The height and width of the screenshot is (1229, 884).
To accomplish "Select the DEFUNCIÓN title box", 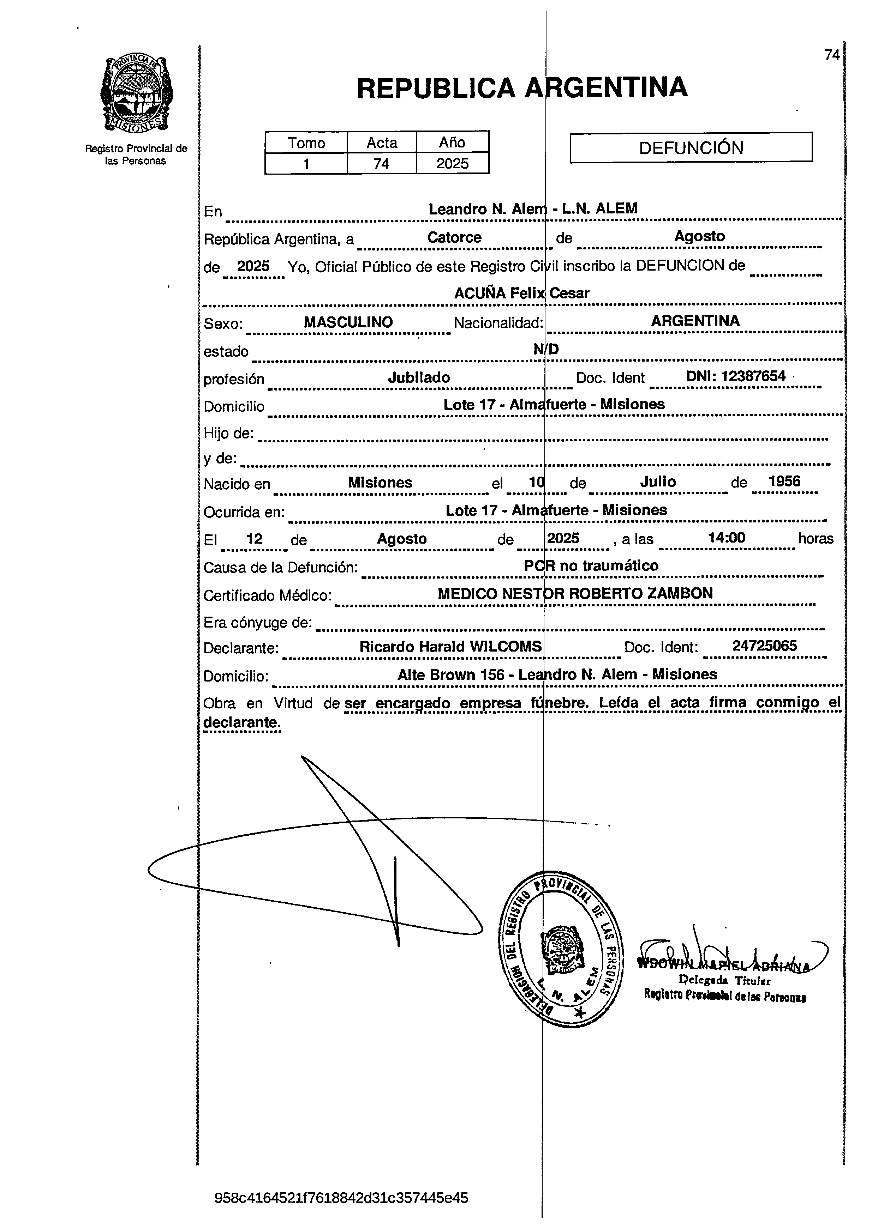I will click(691, 147).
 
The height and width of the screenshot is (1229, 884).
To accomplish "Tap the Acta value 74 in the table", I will click(381, 163).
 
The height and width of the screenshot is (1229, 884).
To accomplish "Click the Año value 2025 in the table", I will click(452, 163).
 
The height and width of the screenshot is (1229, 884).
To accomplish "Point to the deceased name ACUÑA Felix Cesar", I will click(521, 293).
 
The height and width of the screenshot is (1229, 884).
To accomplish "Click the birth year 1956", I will click(784, 481).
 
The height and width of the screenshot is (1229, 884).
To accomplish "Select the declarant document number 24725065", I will click(764, 646).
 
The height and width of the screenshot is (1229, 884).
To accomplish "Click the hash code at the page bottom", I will click(341, 1197).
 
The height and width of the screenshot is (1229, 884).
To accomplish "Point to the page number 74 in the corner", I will click(831, 55).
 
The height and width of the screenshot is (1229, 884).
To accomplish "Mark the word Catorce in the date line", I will click(454, 237).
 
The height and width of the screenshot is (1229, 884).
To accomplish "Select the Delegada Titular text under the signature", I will click(724, 980).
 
